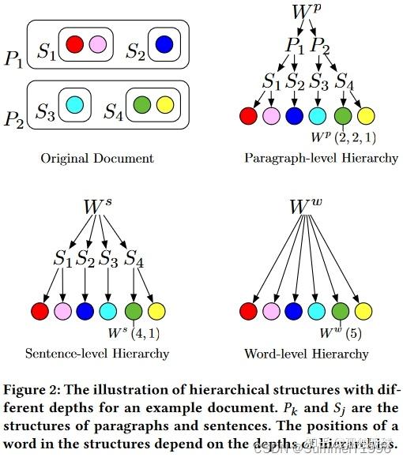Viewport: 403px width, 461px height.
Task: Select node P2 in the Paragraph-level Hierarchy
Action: tap(321, 46)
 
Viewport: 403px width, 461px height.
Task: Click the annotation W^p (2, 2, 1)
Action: tap(344, 139)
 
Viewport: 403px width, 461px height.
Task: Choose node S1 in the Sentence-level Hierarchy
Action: tap(63, 258)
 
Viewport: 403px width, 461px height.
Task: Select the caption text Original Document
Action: tap(97, 158)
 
